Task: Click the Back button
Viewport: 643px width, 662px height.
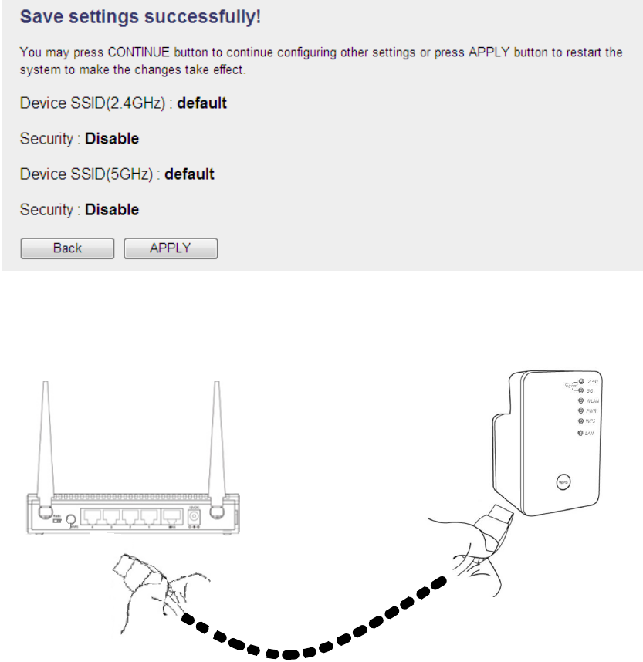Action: pyautogui.click(x=67, y=248)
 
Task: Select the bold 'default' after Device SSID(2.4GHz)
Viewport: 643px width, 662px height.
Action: pyautogui.click(x=202, y=103)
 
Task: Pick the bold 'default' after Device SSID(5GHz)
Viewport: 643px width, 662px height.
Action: pyautogui.click(x=190, y=174)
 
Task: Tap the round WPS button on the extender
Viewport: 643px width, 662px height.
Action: pyautogui.click(x=562, y=481)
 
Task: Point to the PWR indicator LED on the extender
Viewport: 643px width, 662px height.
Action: pyautogui.click(x=580, y=411)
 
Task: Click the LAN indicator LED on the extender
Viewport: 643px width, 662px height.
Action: pyautogui.click(x=580, y=434)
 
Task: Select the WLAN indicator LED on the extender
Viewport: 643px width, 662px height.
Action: pyautogui.click(x=580, y=400)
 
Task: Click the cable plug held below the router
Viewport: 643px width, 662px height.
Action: pyautogui.click(x=127, y=568)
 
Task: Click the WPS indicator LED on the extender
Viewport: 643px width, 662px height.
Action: pyautogui.click(x=580, y=422)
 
